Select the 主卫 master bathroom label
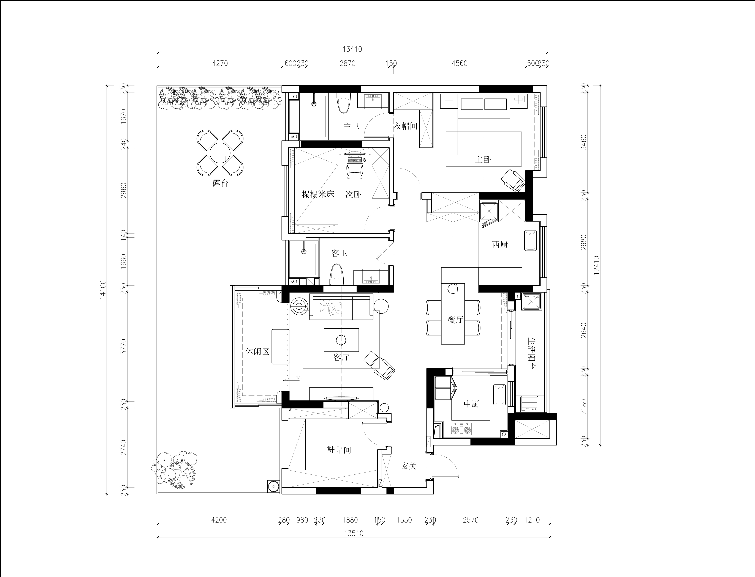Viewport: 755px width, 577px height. coord(351,126)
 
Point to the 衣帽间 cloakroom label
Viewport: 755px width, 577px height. coord(406,126)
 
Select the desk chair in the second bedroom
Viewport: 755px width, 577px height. coord(355,170)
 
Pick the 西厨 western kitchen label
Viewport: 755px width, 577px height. coord(500,244)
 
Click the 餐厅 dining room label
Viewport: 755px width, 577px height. coord(456,320)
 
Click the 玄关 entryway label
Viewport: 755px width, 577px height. coord(409,466)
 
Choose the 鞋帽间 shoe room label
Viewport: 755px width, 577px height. coord(339,450)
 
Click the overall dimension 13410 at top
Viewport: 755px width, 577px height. coord(352,49)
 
